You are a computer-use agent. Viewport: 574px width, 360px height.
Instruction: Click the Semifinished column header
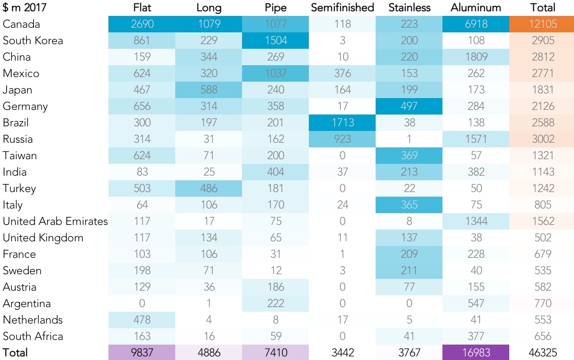[x=342, y=8]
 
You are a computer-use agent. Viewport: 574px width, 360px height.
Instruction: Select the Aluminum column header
[x=475, y=8]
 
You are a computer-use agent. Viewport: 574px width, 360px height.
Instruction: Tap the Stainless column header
[x=409, y=8]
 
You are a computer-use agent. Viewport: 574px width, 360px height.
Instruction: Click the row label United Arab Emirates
[x=55, y=221]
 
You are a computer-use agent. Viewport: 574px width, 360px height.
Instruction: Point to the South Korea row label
[x=33, y=41]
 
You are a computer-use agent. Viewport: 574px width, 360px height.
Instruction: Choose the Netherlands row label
[x=33, y=320]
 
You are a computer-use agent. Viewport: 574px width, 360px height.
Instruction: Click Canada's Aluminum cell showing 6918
[x=476, y=24]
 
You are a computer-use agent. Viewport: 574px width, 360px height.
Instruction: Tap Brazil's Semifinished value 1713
[x=342, y=123]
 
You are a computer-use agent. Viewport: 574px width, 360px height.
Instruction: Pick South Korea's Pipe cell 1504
[x=275, y=41]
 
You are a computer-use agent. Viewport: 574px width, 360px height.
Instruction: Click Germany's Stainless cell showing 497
[x=409, y=106]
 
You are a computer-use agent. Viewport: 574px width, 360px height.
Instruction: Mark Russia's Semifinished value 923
[x=342, y=139]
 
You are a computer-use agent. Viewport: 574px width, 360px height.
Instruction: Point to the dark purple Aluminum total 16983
[x=476, y=353]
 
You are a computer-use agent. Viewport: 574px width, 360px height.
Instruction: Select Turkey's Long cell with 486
[x=209, y=188]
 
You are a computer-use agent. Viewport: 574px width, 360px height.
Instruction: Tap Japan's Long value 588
[x=209, y=90]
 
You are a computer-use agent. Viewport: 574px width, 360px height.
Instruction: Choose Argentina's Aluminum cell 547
[x=476, y=304]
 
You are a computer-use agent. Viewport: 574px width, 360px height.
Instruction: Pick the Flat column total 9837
[x=142, y=353]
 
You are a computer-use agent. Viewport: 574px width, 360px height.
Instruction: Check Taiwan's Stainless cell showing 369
[x=409, y=156]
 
